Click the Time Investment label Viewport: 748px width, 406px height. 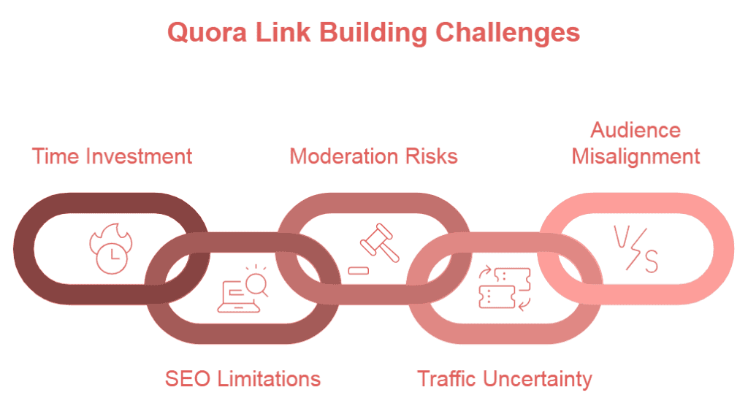pos(112,156)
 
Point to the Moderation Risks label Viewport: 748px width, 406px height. pos(373,156)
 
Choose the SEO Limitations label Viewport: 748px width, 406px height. pos(243,379)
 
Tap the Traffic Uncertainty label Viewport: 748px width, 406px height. pos(504,379)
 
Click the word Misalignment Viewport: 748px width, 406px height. pos(636,156)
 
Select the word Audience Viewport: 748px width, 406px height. pos(636,131)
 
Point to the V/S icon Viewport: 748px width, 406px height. pos(635,248)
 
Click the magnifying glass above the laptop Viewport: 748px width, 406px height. pos(256,280)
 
